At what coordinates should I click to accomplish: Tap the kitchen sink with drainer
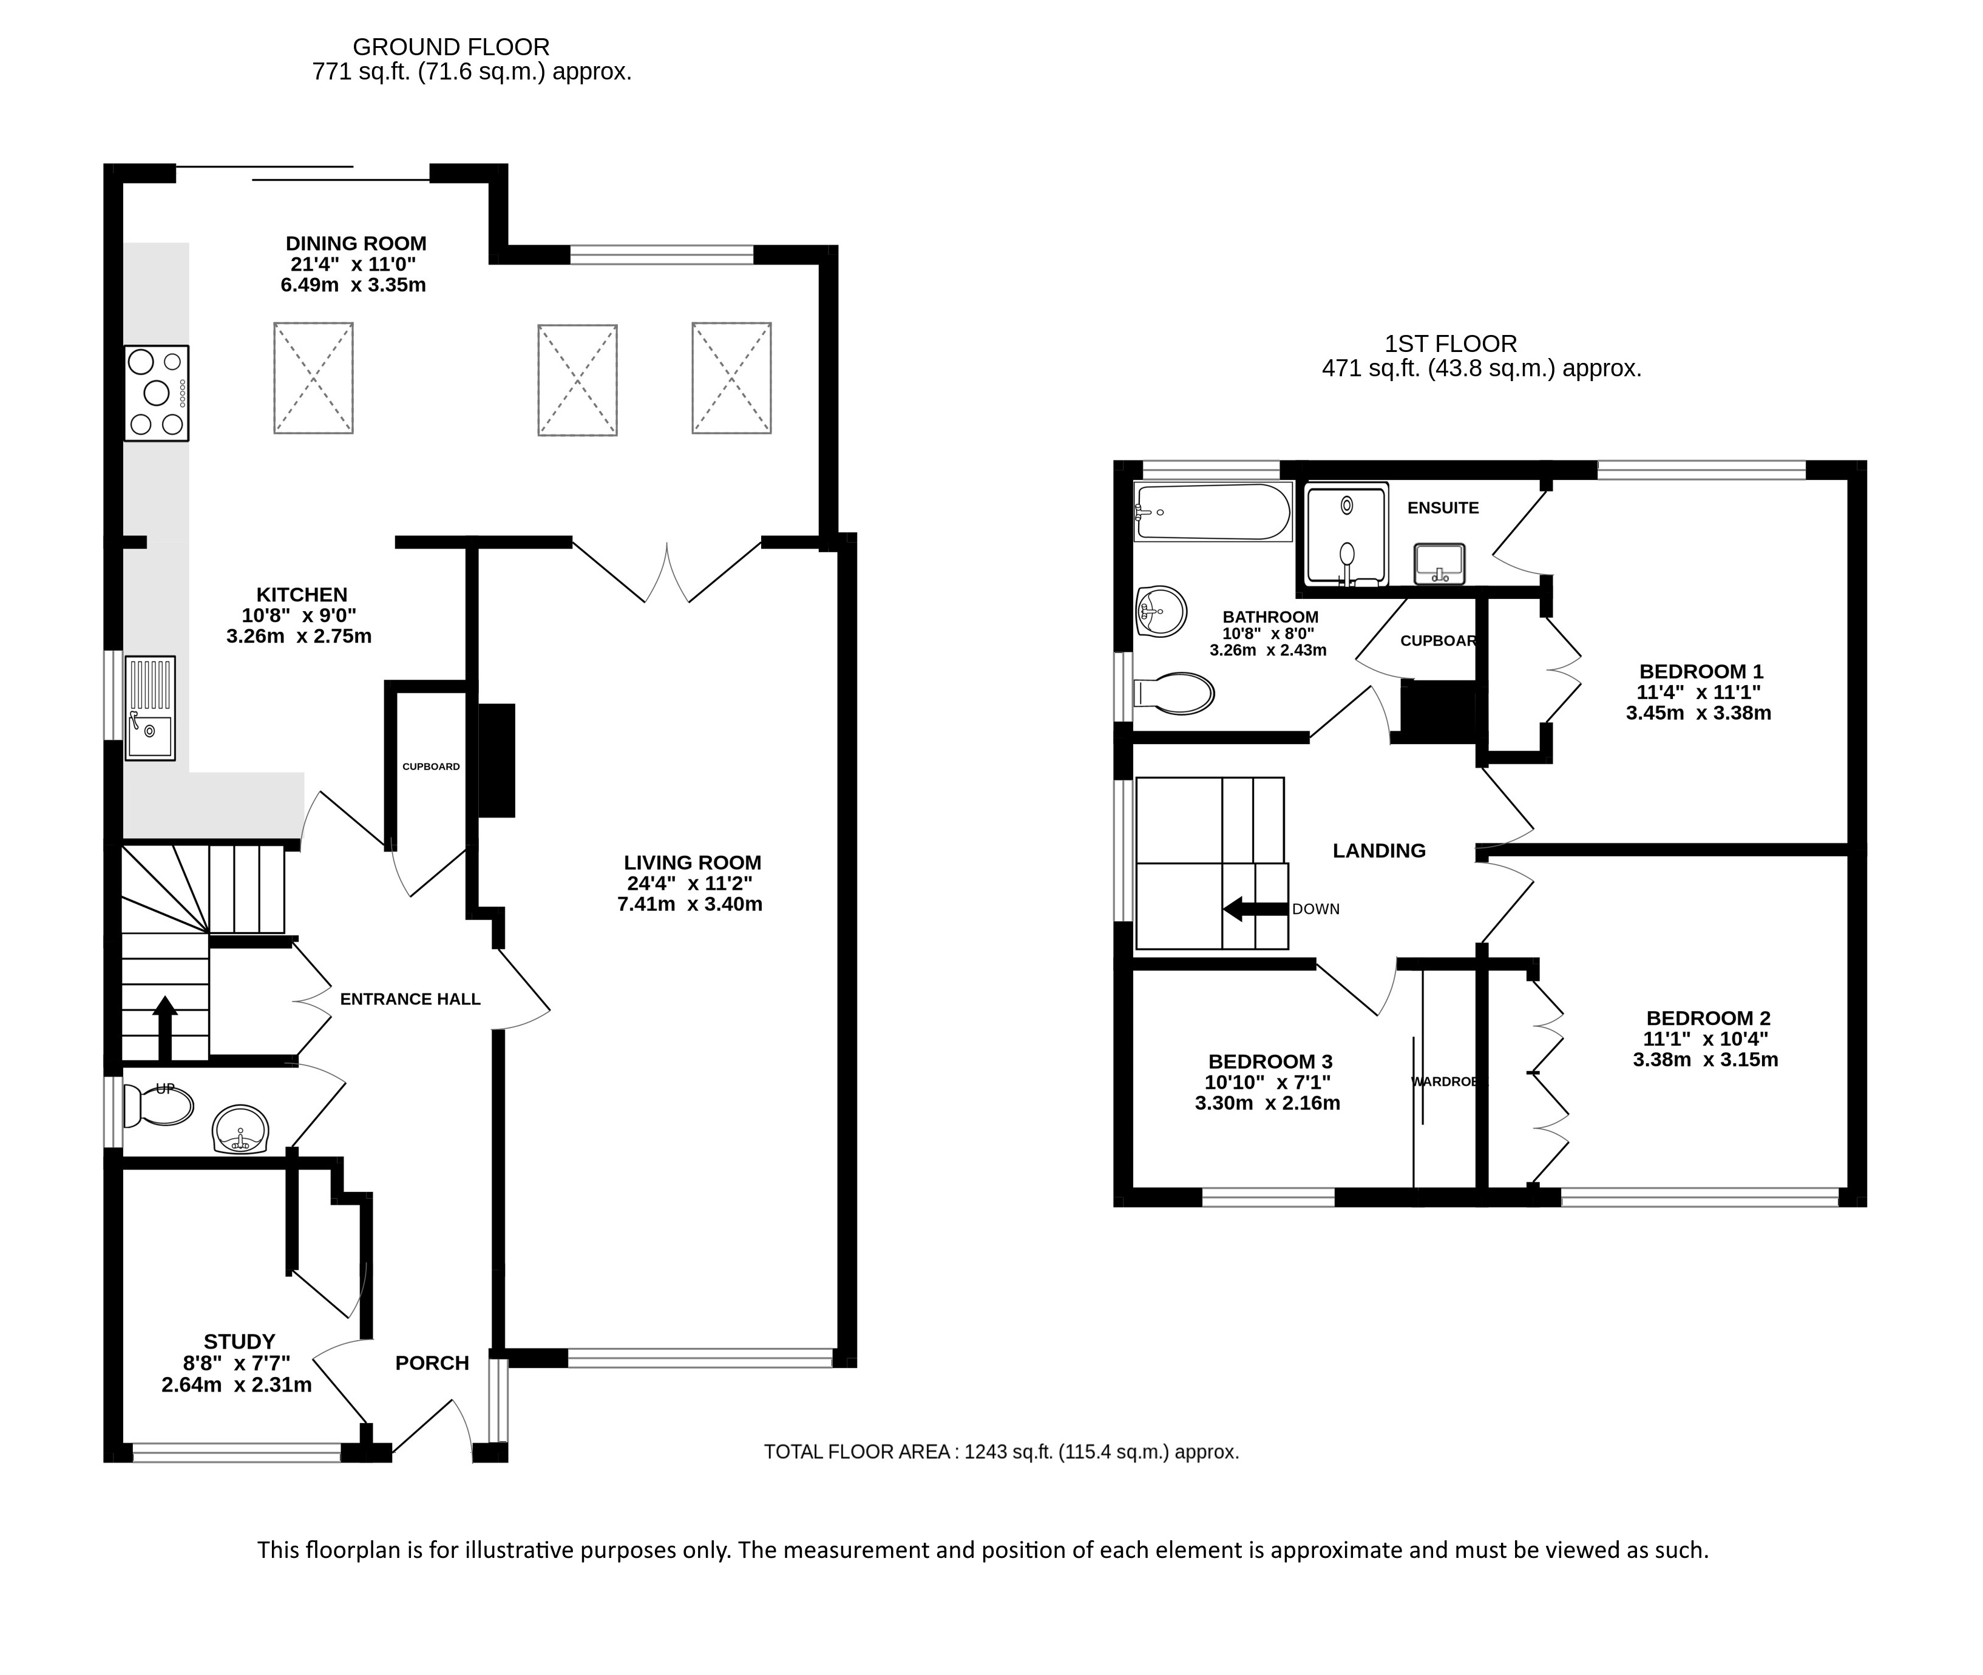[150, 708]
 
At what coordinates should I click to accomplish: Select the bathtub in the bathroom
[1213, 512]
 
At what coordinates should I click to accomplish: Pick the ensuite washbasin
[1439, 564]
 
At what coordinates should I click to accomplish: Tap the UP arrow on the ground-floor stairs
[164, 1027]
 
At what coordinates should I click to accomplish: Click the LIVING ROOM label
[693, 863]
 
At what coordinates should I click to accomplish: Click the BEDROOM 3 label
[1271, 1061]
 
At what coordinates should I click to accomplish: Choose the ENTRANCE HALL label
[410, 999]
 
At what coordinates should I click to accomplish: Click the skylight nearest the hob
[313, 378]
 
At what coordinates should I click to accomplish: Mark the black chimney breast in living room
[496, 760]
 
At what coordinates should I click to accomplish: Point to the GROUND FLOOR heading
[451, 47]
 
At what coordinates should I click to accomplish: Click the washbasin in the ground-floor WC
[241, 1130]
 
